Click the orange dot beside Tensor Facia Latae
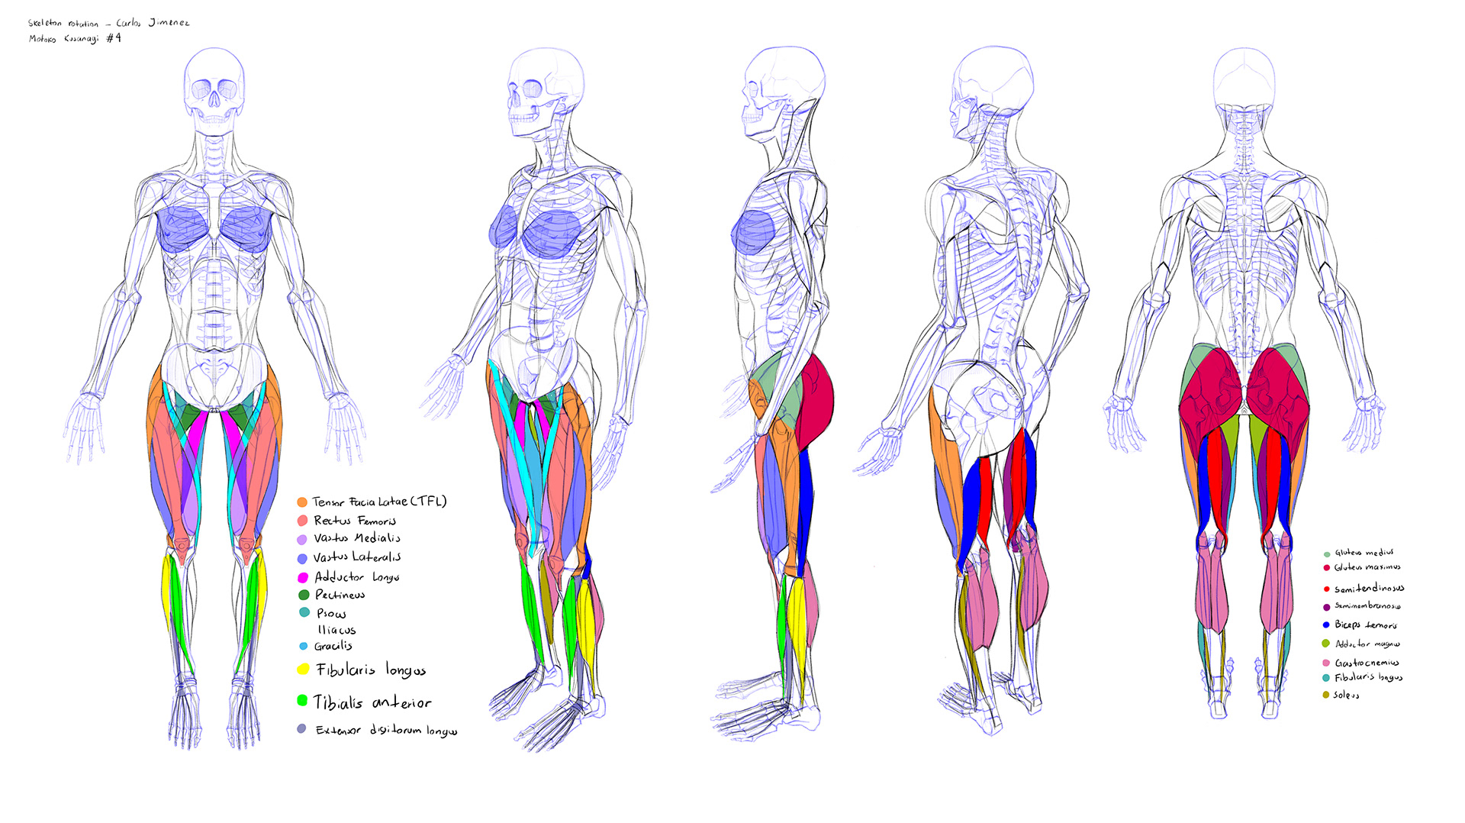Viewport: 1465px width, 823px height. (x=302, y=502)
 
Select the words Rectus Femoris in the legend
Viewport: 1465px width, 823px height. (x=355, y=521)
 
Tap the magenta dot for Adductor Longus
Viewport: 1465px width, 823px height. (x=302, y=578)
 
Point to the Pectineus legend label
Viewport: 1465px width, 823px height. (x=340, y=595)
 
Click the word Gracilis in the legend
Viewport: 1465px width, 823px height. (x=333, y=646)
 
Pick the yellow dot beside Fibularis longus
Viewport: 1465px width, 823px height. (x=303, y=670)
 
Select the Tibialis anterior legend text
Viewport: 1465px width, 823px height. (x=372, y=702)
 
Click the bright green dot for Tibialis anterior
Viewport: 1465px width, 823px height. (x=302, y=700)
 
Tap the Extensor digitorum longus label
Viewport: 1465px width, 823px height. (x=386, y=731)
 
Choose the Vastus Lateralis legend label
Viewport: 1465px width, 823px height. (x=357, y=557)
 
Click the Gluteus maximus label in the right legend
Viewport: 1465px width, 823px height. (x=1367, y=567)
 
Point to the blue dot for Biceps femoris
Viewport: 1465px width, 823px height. (x=1326, y=625)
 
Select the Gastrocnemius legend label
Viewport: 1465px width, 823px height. (x=1367, y=663)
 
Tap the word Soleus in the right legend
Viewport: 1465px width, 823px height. (x=1346, y=695)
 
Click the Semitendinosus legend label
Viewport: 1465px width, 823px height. (x=1369, y=589)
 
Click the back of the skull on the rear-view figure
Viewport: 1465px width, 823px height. (x=1244, y=76)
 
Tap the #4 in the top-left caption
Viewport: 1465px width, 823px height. (x=113, y=38)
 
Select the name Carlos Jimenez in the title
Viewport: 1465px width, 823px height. (x=153, y=23)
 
